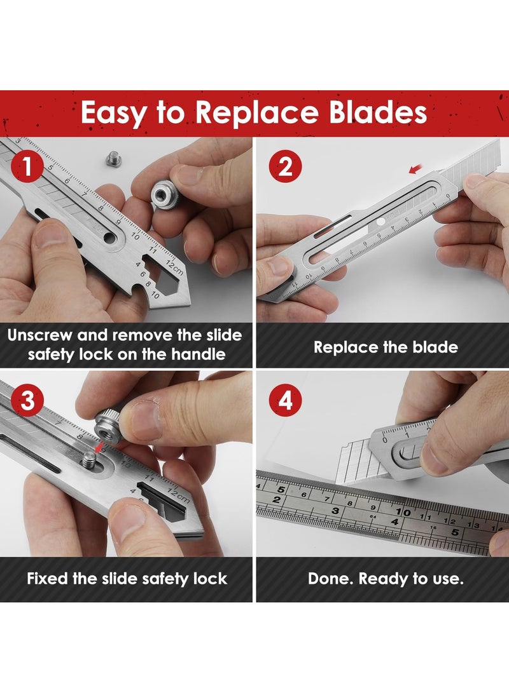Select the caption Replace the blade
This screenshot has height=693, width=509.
[386, 347]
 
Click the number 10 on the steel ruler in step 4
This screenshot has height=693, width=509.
[402, 511]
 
